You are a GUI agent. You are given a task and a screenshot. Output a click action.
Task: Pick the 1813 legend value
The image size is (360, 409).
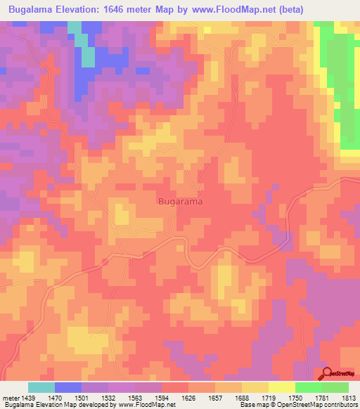click(x=349, y=398)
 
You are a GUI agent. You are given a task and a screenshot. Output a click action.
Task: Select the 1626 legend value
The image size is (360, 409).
click(x=189, y=398)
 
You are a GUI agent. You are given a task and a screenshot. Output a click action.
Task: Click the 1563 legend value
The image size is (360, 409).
click(x=136, y=398)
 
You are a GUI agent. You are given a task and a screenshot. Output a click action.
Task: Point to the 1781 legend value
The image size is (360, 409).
click(x=323, y=398)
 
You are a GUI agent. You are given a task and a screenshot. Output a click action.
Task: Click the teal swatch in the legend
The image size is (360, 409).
click(x=41, y=387)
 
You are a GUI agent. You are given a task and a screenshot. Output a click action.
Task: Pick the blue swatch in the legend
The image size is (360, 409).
click(x=68, y=387)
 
